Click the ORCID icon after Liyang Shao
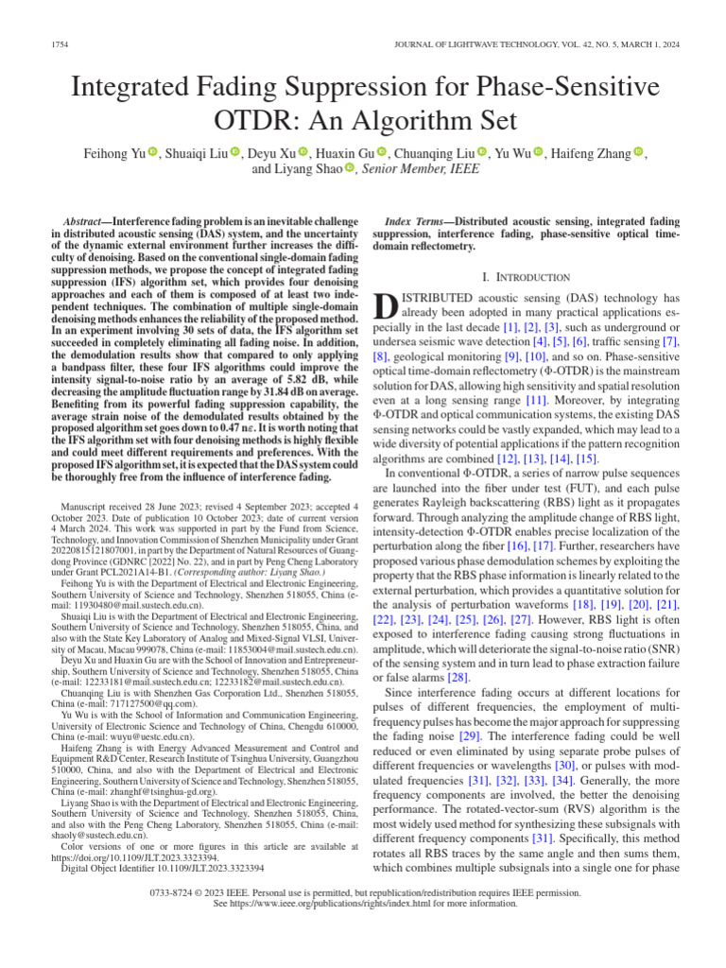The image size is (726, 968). [x=350, y=169]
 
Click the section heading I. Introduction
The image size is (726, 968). [x=527, y=277]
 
